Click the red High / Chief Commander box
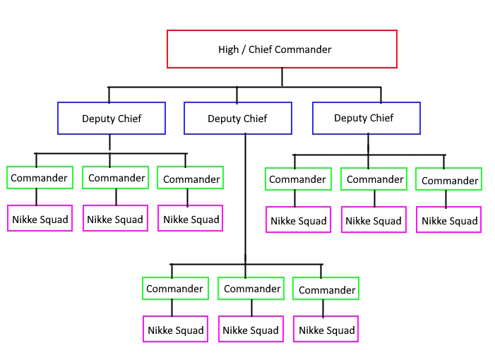[282, 49]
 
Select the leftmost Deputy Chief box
[112, 118]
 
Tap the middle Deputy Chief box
[237, 118]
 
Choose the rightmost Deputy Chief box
[366, 118]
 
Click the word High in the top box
[229, 49]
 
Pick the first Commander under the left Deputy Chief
[40, 178]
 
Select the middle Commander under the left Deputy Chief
[117, 178]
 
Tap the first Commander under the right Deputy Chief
[297, 179]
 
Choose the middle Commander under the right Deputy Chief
[375, 179]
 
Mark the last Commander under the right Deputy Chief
[450, 181]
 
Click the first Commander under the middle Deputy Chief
[175, 289]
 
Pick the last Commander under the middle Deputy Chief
[327, 290]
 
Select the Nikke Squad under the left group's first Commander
[40, 219]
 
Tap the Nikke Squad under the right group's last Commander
[450, 220]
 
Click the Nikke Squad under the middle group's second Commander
[251, 330]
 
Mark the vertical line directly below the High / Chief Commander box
[282, 77]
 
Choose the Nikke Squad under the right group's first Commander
[299, 220]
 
